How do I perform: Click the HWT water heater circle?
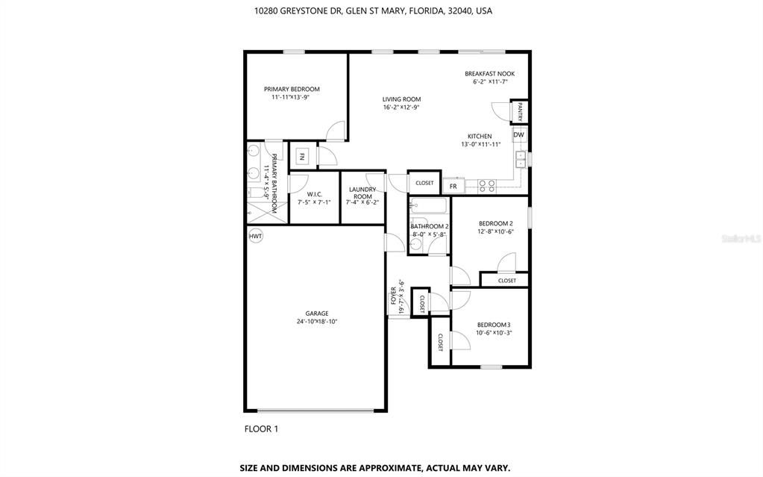tap(256, 236)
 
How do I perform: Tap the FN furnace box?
tap(302, 157)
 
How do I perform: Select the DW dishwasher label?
tap(518, 135)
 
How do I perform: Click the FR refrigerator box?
tap(453, 184)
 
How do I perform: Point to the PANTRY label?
tap(520, 112)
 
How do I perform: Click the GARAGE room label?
tap(316, 314)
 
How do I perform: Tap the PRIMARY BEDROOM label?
tap(292, 89)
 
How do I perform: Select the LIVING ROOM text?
tap(402, 99)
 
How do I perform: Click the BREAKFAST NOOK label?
tap(489, 74)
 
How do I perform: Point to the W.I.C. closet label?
tap(314, 194)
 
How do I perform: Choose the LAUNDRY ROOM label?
tap(362, 193)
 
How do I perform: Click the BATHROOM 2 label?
tap(430, 226)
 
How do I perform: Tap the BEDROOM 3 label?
tap(494, 324)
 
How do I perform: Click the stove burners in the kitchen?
tap(487, 186)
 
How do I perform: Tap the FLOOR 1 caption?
tap(261, 428)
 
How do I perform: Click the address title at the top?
tap(373, 11)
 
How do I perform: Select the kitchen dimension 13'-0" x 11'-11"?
tap(486, 144)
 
